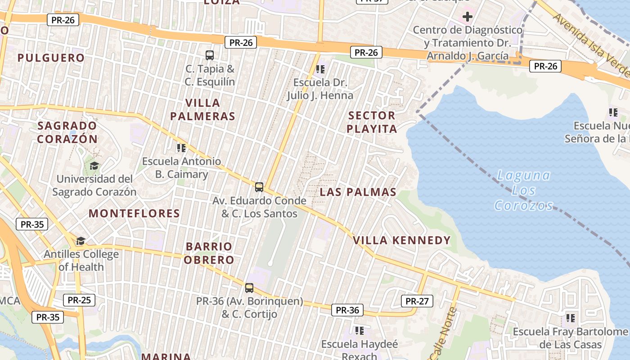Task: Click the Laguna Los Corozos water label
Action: click(524, 190)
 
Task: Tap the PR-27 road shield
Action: click(417, 301)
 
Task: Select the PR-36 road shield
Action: click(347, 310)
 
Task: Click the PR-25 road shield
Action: click(79, 300)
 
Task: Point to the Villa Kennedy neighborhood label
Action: click(402, 240)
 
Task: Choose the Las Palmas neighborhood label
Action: click(358, 192)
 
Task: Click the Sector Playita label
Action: click(372, 122)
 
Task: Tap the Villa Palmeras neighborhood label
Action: click(202, 109)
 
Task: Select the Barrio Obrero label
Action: click(210, 253)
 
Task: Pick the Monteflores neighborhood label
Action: click(134, 213)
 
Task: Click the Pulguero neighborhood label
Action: click(51, 58)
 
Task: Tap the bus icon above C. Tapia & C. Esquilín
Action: click(210, 55)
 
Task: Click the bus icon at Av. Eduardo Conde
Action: click(259, 187)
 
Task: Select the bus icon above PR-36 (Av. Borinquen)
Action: click(249, 288)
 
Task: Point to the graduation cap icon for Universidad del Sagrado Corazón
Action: click(94, 166)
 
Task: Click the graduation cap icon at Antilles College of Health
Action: click(81, 241)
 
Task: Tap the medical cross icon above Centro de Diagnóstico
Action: click(468, 17)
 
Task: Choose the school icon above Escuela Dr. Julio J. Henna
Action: click(320, 69)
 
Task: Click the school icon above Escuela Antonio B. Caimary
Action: click(181, 148)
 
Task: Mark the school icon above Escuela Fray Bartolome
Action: click(571, 318)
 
